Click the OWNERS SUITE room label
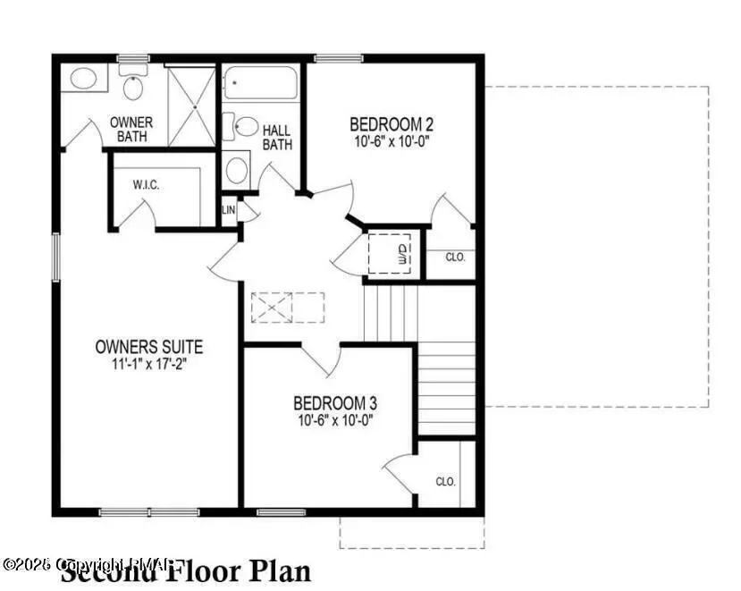pyautogui.click(x=149, y=347)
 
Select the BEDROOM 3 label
pyautogui.click(x=330, y=403)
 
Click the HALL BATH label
pyautogui.click(x=276, y=137)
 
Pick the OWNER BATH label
pyautogui.click(x=131, y=129)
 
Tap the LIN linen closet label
pyautogui.click(x=228, y=211)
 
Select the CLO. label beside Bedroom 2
pyautogui.click(x=456, y=257)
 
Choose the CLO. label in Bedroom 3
pyautogui.click(x=446, y=481)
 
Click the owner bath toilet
pyautogui.click(x=133, y=87)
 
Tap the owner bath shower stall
pyautogui.click(x=191, y=106)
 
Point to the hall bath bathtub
pyautogui.click(x=260, y=83)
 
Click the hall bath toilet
pyautogui.click(x=243, y=126)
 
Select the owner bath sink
pyautogui.click(x=84, y=78)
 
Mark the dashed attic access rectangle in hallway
pyautogui.click(x=289, y=307)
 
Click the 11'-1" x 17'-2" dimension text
pyautogui.click(x=149, y=363)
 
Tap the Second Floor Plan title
pyautogui.click(x=186, y=570)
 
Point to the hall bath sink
pyautogui.click(x=237, y=168)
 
